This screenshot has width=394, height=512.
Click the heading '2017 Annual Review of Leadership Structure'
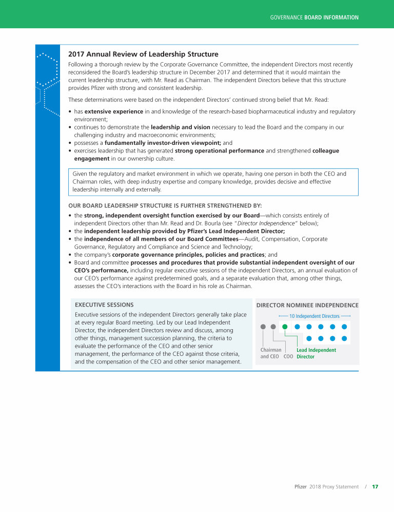pyautogui.click(x=143, y=54)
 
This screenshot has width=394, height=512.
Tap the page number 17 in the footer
pyautogui.click(x=375, y=486)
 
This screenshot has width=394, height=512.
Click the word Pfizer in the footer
pyautogui.click(x=301, y=486)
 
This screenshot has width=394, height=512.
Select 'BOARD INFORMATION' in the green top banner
pyautogui.click(x=331, y=17)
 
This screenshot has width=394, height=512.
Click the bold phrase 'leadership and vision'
pyautogui.click(x=177, y=127)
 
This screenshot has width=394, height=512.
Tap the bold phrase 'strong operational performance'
pyautogui.click(x=220, y=150)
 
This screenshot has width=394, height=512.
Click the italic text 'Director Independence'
pyautogui.click(x=266, y=223)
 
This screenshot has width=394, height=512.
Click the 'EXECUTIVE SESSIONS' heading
pyautogui.click(x=104, y=305)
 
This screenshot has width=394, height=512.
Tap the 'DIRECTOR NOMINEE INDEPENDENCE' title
pyautogui.click(x=307, y=305)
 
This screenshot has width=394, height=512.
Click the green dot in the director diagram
pyautogui.click(x=285, y=326)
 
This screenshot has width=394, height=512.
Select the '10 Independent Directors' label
pyautogui.click(x=314, y=316)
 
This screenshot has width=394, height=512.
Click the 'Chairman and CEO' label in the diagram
pyautogui.click(x=270, y=353)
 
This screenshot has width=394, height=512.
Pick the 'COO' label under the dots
pyautogui.click(x=288, y=356)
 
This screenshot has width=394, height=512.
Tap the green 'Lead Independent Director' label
pyautogui.click(x=316, y=353)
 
